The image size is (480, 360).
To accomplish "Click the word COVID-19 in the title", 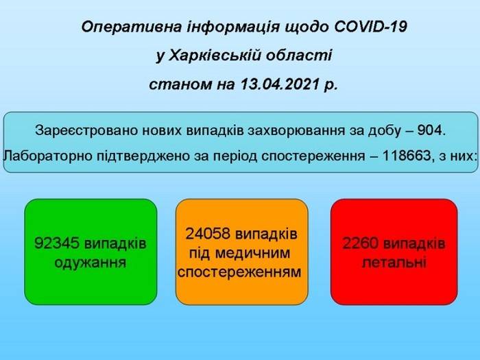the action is tap(370, 27).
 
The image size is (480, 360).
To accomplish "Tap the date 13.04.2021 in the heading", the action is tap(280, 84).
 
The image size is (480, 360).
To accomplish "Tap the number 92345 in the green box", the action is tap(57, 243).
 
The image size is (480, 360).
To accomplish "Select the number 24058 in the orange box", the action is tap(208, 235).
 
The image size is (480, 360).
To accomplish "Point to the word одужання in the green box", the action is tap(91, 263).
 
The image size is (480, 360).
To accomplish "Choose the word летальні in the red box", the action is tap(394, 263).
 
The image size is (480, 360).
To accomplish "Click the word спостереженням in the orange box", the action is tap(239, 272).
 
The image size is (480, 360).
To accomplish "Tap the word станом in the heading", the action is tap(180, 84).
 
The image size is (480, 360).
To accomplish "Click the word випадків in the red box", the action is tap(414, 244).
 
